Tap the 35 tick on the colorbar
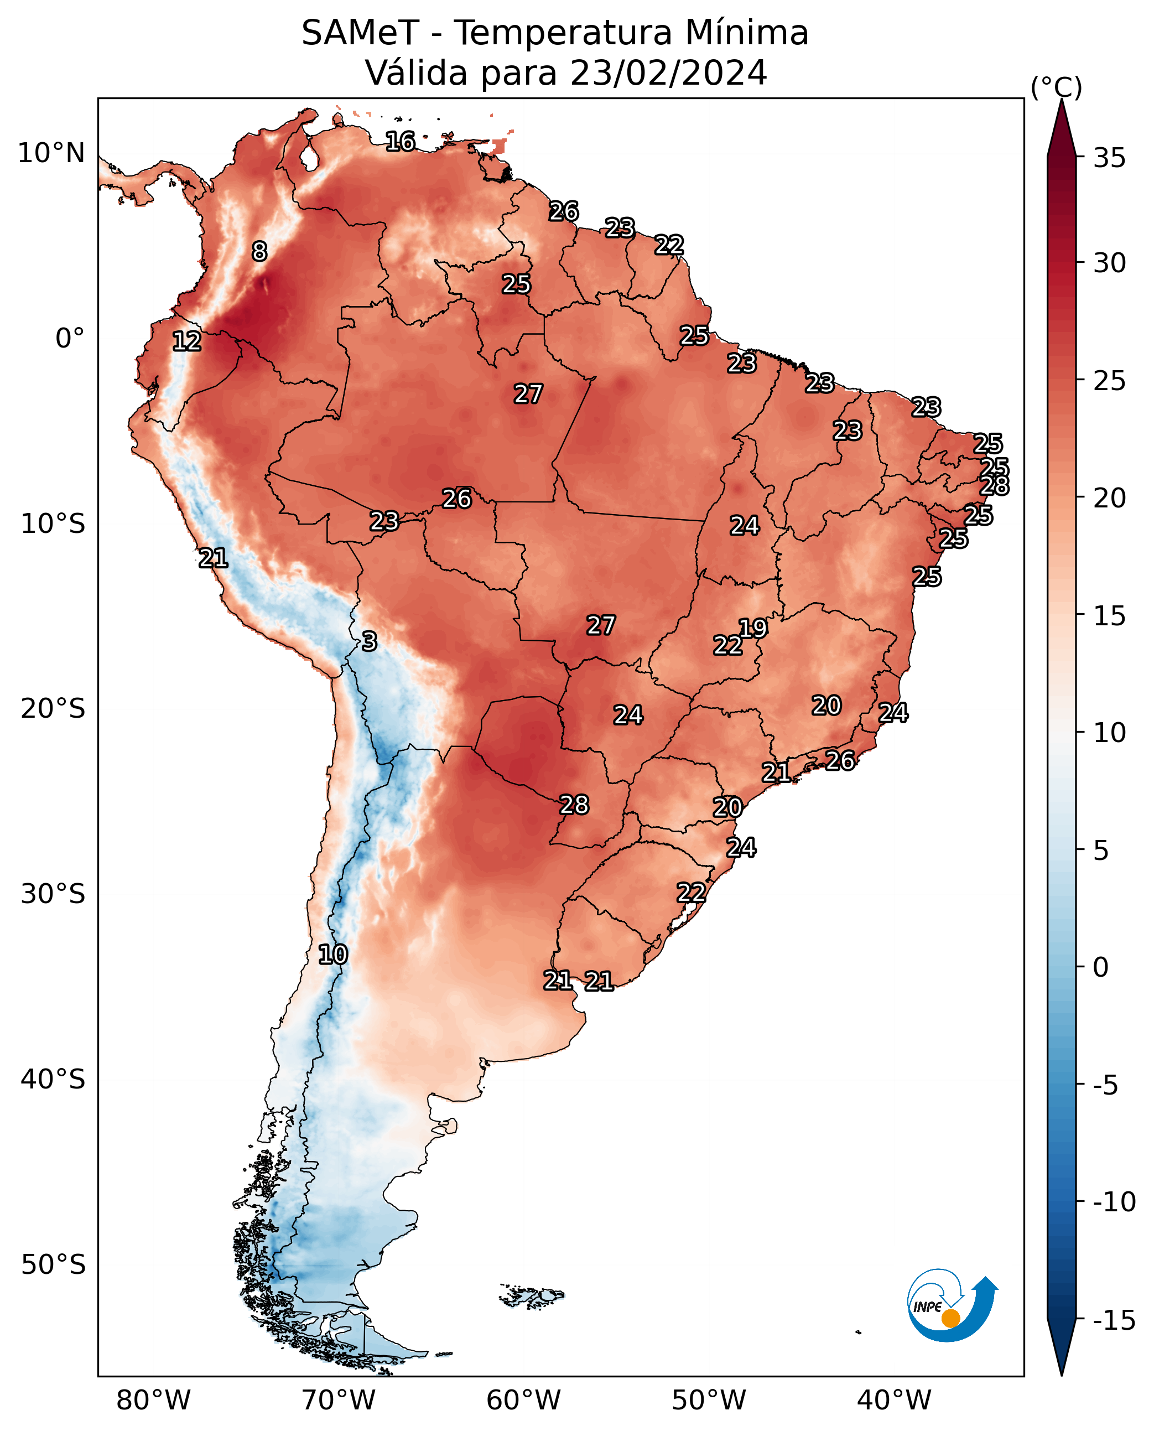coord(1109,158)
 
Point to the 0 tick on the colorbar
coord(1101,967)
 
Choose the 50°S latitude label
coord(53,1264)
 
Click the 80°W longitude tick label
coord(154,1400)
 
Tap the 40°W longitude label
coord(894,1400)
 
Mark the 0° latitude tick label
coord(70,339)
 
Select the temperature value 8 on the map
coord(259,251)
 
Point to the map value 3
coord(370,641)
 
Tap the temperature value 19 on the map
coord(753,628)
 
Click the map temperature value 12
coord(187,341)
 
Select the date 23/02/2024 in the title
coord(669,72)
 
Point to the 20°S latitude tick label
coord(53,709)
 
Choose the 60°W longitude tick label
coord(524,1400)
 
